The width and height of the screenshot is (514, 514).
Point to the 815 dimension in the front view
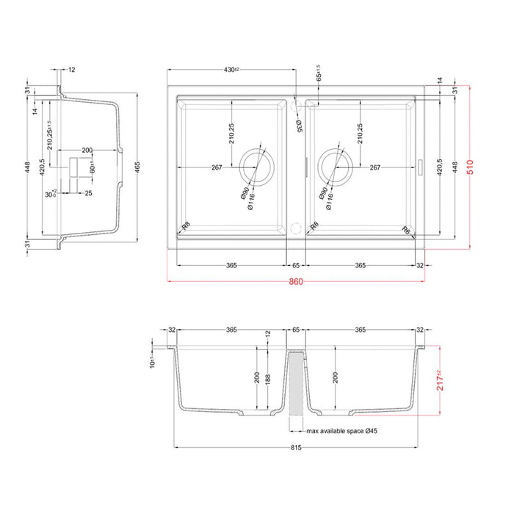tap(297, 453)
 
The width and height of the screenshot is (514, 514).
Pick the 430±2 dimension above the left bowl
tap(232, 70)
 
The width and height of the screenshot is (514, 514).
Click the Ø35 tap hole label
tap(299, 126)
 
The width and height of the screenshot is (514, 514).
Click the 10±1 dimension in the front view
tap(152, 361)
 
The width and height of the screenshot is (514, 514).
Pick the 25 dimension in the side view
tap(88, 194)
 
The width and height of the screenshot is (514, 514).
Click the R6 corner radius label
tap(406, 230)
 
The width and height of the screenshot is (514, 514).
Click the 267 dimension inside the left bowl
tap(217, 167)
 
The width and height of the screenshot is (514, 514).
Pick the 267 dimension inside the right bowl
tap(374, 167)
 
